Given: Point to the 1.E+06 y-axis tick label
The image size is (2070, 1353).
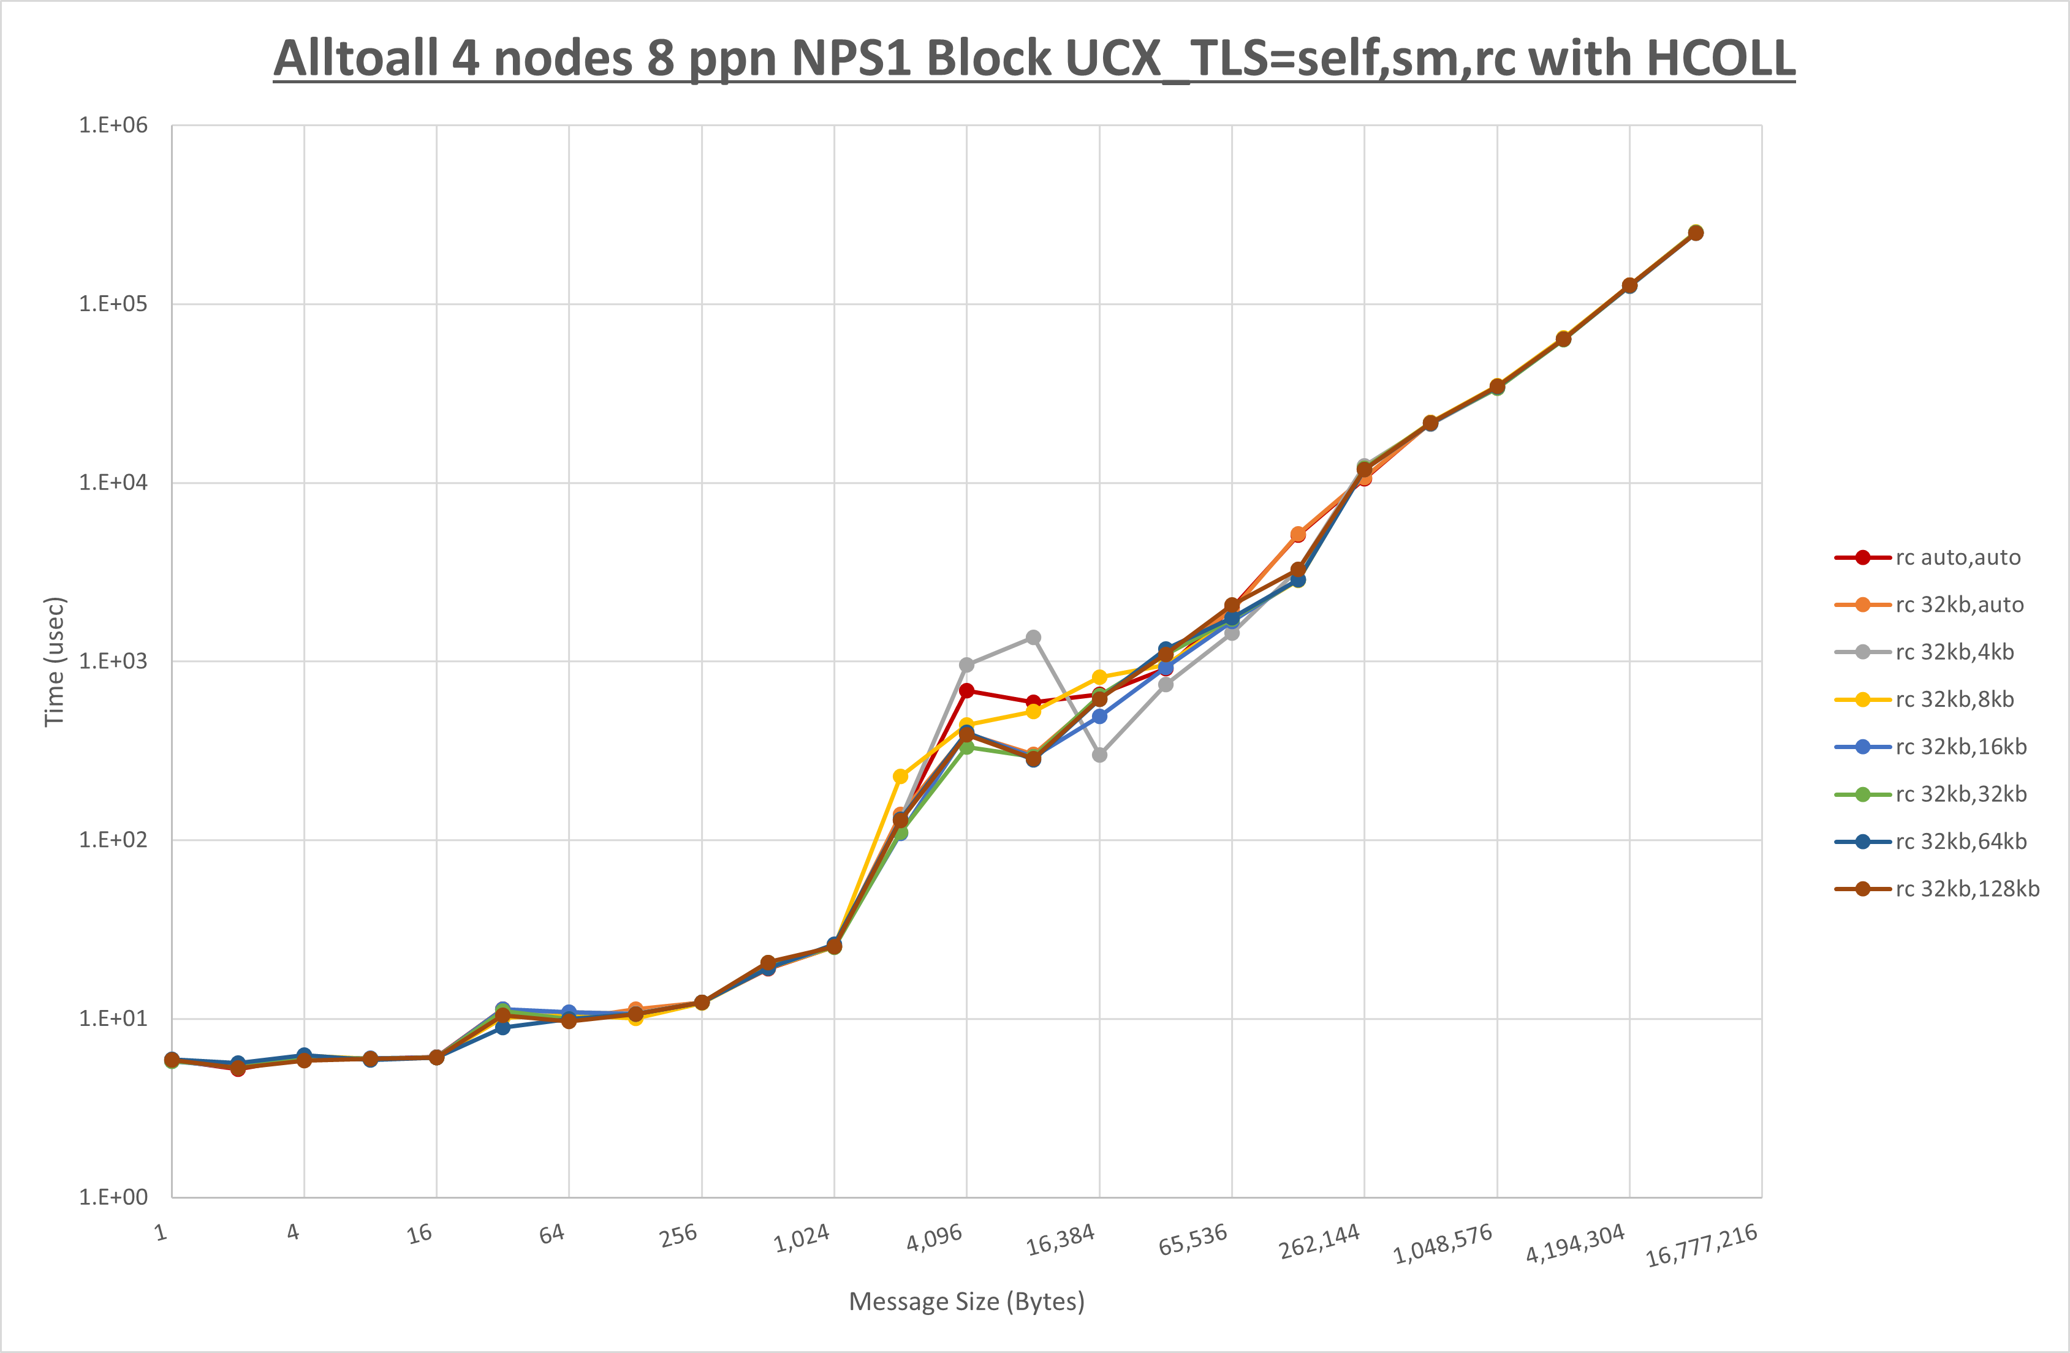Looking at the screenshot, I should pos(113,125).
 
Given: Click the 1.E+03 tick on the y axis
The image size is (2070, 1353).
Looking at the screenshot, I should pos(113,661).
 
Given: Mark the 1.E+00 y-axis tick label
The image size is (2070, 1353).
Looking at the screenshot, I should pos(113,1197).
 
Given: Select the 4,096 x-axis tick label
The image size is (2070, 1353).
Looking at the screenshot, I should pos(934,1237).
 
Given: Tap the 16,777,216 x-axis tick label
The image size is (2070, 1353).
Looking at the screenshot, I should pos(1701,1245).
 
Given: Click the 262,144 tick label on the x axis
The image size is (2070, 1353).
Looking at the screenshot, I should pos(1319,1242).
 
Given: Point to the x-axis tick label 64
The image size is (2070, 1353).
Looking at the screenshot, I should pos(552,1233).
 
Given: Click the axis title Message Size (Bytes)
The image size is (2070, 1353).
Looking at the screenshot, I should pos(966,1302).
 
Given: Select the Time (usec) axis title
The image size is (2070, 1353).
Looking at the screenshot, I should pos(54,661).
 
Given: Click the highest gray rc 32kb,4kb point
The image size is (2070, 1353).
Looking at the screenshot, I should pos(1033,638).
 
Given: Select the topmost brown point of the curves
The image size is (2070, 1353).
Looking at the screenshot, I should pos(1695,233).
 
